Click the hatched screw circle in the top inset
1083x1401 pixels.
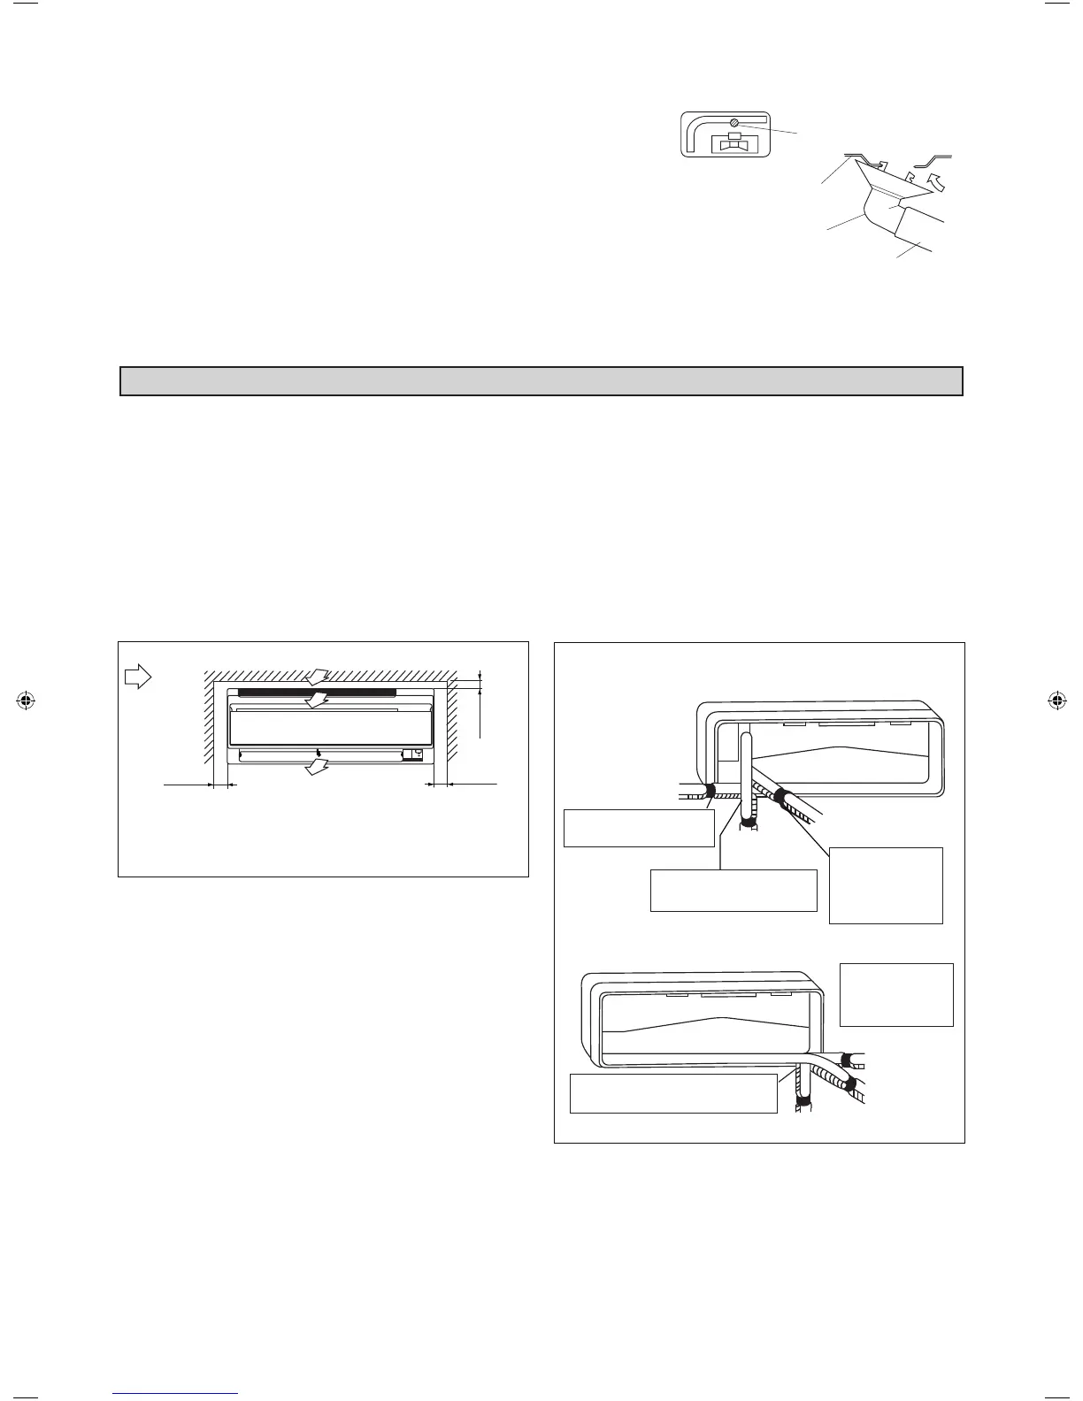pos(734,123)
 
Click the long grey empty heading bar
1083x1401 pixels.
pos(541,381)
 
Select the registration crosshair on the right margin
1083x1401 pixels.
pos(1056,700)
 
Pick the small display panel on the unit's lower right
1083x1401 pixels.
pos(411,755)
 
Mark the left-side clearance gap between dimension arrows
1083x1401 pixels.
pos(220,785)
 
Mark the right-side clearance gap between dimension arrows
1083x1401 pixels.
pos(440,785)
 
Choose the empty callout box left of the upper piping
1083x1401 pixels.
pos(639,828)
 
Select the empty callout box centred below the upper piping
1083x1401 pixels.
pos(733,890)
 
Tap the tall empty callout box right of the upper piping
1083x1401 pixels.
pos(886,885)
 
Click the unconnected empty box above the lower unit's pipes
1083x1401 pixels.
pos(895,994)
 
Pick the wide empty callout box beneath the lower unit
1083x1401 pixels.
pos(673,1093)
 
